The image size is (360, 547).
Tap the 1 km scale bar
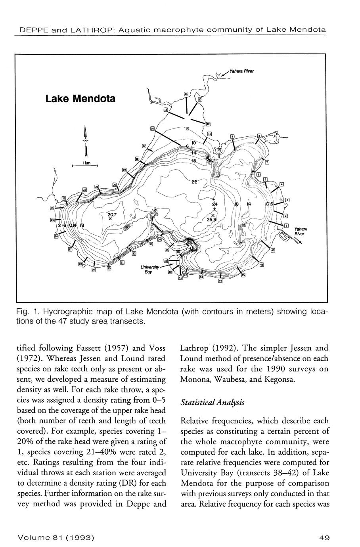click(84, 166)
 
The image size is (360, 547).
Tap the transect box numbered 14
click(186, 94)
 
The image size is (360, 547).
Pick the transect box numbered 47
click(273, 250)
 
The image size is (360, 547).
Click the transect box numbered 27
click(70, 250)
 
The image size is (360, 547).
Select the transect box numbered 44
click(220, 281)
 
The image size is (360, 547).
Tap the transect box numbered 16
click(152, 129)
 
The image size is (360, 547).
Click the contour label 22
click(194, 182)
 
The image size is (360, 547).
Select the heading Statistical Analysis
click(212, 402)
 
